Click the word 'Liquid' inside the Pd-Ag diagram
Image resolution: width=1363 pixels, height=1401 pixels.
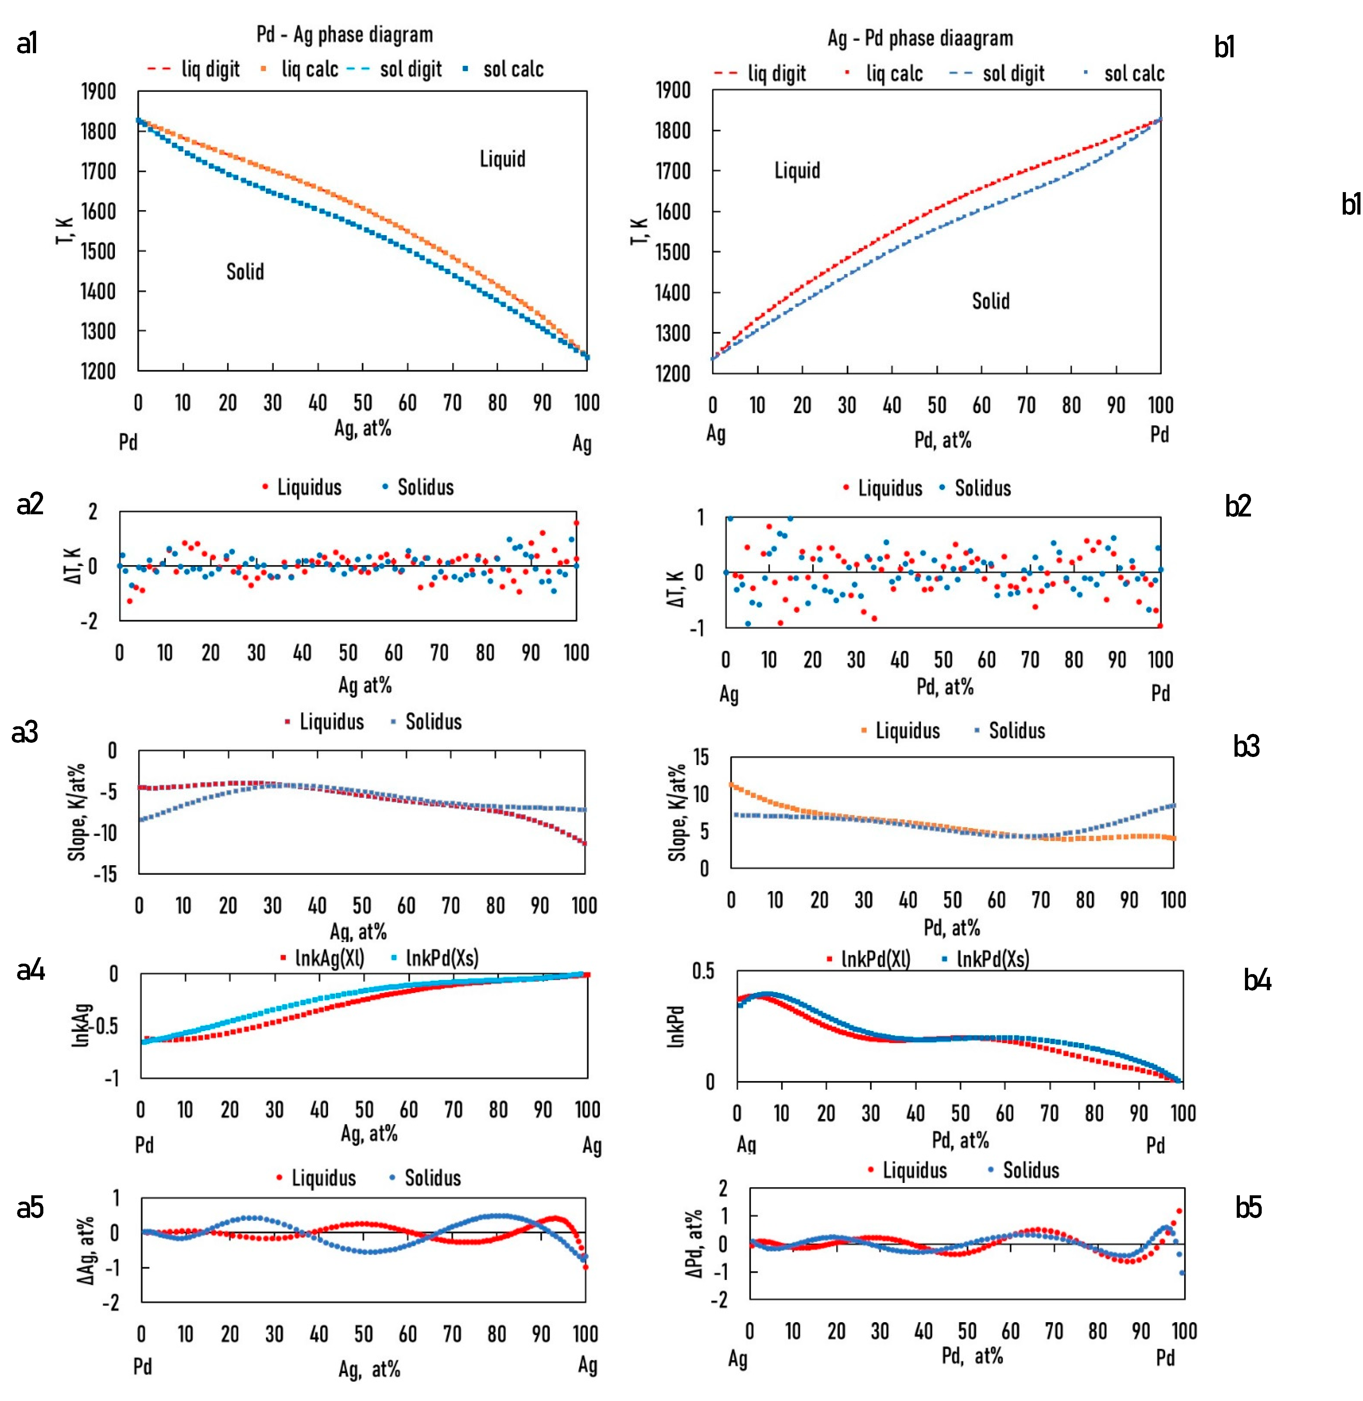(x=503, y=159)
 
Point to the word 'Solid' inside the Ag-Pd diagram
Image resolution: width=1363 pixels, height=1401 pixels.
(x=991, y=301)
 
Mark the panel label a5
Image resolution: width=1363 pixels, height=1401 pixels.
(x=30, y=1207)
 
